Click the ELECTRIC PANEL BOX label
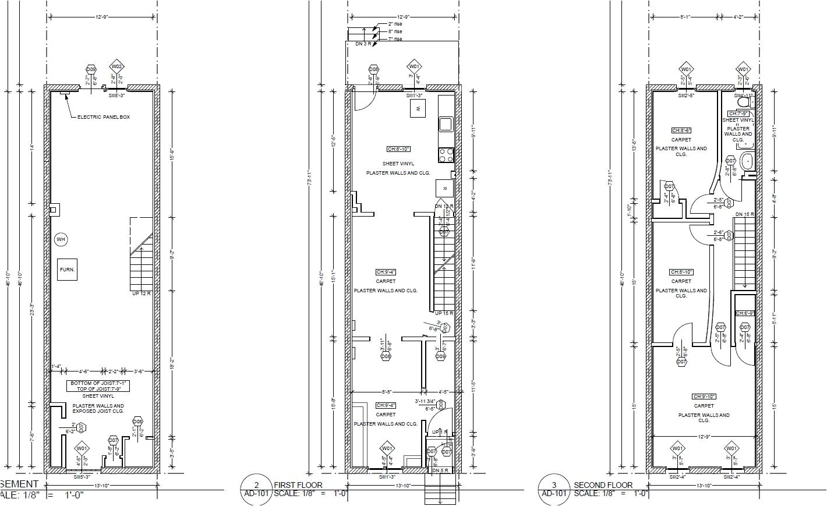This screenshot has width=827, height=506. [x=104, y=117]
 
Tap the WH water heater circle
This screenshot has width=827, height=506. [x=61, y=239]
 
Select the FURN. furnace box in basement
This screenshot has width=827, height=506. [x=67, y=270]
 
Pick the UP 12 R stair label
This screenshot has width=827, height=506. [x=142, y=293]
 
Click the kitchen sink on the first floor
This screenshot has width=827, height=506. [x=446, y=124]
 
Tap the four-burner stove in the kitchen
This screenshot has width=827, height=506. [x=446, y=155]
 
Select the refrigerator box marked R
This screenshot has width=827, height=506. [x=444, y=189]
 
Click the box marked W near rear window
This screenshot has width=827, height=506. [x=418, y=108]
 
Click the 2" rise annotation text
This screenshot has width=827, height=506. [x=394, y=24]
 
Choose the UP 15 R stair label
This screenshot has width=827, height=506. [x=444, y=314]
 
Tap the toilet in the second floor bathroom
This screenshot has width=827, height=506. [x=743, y=102]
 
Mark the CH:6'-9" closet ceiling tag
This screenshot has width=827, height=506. [x=745, y=313]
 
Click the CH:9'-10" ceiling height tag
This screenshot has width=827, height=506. [x=704, y=397]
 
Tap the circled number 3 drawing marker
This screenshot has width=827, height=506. [x=553, y=485]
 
